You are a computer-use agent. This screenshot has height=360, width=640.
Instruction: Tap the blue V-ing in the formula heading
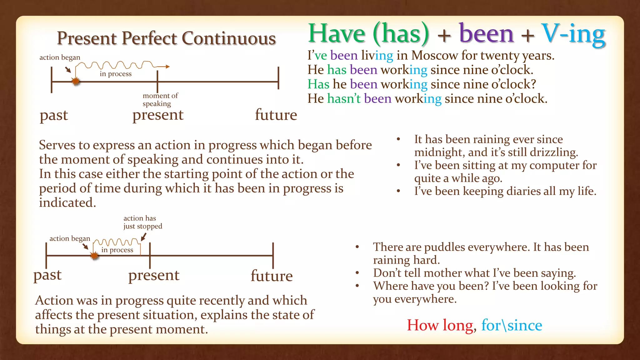pyautogui.click(x=573, y=34)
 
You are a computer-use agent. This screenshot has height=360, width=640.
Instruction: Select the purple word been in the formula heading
pyautogui.click(x=486, y=34)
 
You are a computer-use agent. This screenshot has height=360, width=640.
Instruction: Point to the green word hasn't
pyautogui.click(x=344, y=99)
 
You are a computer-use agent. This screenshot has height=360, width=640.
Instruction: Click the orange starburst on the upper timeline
pyautogui.click(x=76, y=82)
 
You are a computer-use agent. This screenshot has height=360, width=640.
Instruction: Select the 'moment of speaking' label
pyautogui.click(x=160, y=99)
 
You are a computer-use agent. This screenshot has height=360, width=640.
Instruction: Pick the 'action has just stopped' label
pyautogui.click(x=142, y=222)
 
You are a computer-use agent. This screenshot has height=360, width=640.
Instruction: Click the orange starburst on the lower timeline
pyautogui.click(x=94, y=256)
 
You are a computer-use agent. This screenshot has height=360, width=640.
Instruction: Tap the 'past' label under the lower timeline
pyautogui.click(x=47, y=275)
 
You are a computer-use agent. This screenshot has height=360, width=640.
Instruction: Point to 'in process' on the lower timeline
pyautogui.click(x=117, y=250)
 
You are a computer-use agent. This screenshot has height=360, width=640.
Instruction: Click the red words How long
pyautogui.click(x=440, y=325)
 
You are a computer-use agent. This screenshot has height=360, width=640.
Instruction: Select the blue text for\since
pyautogui.click(x=512, y=325)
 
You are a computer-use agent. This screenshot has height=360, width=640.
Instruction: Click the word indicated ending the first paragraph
pyautogui.click(x=67, y=203)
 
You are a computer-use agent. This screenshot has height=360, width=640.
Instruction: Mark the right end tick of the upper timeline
pyautogui.click(x=278, y=78)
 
